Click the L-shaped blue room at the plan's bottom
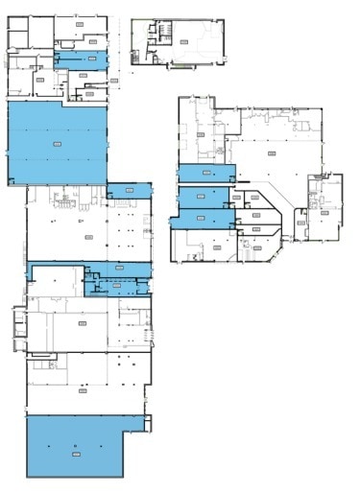(73, 445)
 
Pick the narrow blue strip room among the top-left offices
(81, 59)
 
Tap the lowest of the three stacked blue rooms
(202, 219)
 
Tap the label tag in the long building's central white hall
(87, 237)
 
